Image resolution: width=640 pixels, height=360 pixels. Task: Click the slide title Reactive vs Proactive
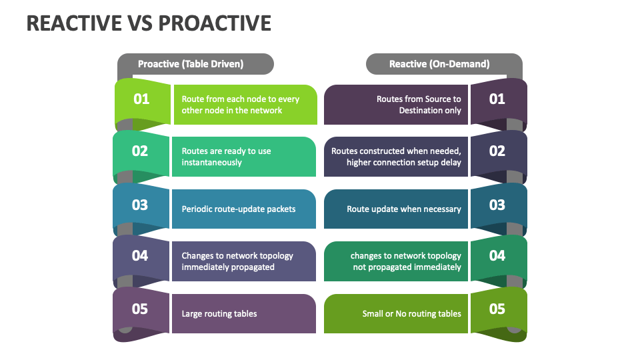149,23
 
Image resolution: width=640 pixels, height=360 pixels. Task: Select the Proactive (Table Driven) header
191,64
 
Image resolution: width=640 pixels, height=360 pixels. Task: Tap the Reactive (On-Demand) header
439,64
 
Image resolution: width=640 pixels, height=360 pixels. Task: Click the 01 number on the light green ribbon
141,99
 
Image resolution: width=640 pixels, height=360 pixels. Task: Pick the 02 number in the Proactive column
140,151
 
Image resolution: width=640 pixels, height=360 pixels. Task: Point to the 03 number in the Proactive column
140,205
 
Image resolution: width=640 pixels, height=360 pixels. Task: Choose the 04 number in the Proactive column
140,256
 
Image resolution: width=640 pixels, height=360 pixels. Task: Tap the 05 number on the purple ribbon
140,309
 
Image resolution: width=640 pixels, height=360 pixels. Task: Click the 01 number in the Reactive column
497,99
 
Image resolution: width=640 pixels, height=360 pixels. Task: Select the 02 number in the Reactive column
497,151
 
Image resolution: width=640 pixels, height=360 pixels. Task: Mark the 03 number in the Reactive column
497,205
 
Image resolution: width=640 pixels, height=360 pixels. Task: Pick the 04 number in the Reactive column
497,256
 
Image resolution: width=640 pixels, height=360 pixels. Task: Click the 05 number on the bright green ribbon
497,309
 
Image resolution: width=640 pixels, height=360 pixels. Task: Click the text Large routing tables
219,314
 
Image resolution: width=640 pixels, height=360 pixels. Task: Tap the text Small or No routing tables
411,314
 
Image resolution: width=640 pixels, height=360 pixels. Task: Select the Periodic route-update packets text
239,209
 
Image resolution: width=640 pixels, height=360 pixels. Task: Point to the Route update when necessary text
404,209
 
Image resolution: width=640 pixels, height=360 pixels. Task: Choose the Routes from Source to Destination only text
419,105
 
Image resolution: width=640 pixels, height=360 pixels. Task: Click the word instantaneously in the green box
212,163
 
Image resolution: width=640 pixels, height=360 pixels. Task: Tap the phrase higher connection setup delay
403,163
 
